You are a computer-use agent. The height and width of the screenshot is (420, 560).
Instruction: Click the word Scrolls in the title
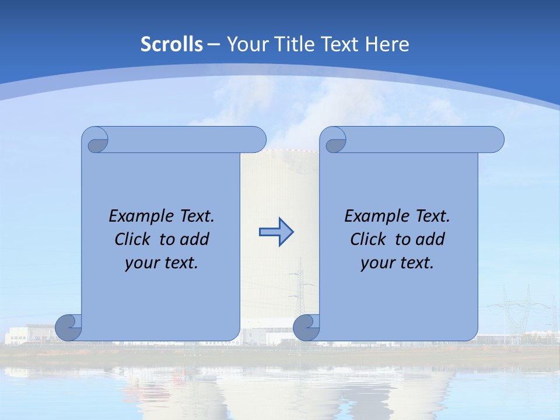tap(171, 44)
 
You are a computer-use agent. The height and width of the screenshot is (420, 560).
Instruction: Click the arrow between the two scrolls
tap(276, 232)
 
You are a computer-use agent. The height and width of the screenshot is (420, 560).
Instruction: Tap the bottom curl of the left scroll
tap(68, 327)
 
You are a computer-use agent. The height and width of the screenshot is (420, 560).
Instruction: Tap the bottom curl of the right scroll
tap(306, 327)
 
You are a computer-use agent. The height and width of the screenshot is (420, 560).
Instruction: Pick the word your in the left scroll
tap(142, 263)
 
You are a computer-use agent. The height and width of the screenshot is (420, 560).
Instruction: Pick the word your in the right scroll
tap(377, 263)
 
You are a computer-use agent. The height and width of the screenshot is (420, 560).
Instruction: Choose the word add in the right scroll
tap(430, 239)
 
